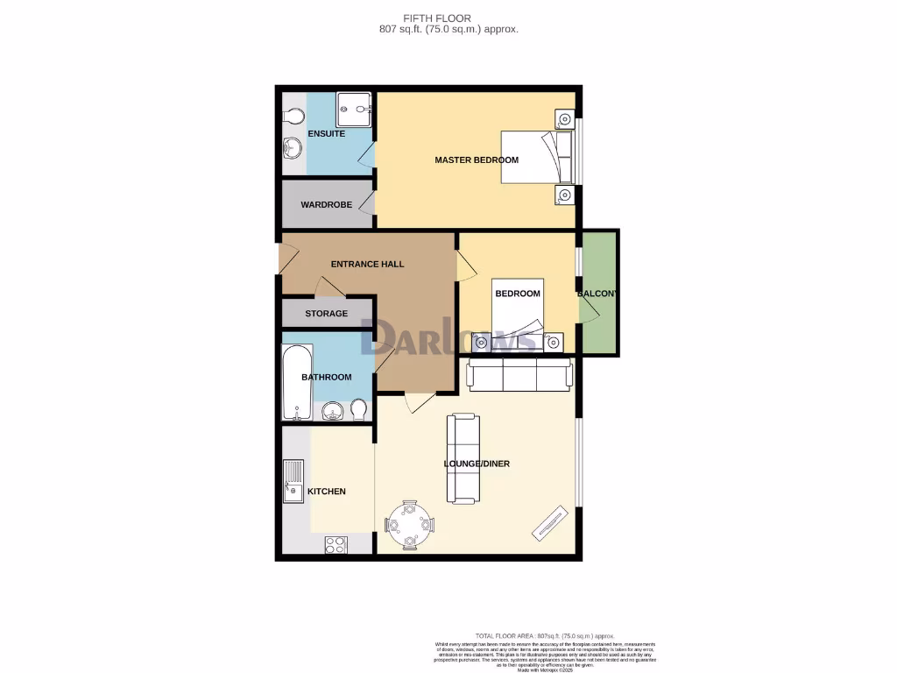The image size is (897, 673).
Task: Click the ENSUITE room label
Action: [326, 134]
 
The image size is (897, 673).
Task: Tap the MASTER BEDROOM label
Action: [477, 160]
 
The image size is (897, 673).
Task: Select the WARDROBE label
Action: [326, 205]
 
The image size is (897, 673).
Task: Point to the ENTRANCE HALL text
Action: [367, 264]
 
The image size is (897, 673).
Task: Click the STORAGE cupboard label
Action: [326, 314]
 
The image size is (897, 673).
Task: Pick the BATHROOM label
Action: [326, 378]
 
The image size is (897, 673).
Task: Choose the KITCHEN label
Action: [326, 492]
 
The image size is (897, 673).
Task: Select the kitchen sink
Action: [293, 483]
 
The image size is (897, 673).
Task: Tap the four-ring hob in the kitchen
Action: [335, 544]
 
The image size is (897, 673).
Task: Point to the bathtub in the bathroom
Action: [294, 382]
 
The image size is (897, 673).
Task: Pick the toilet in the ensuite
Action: [294, 117]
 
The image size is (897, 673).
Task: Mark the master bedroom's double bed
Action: [536, 158]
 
